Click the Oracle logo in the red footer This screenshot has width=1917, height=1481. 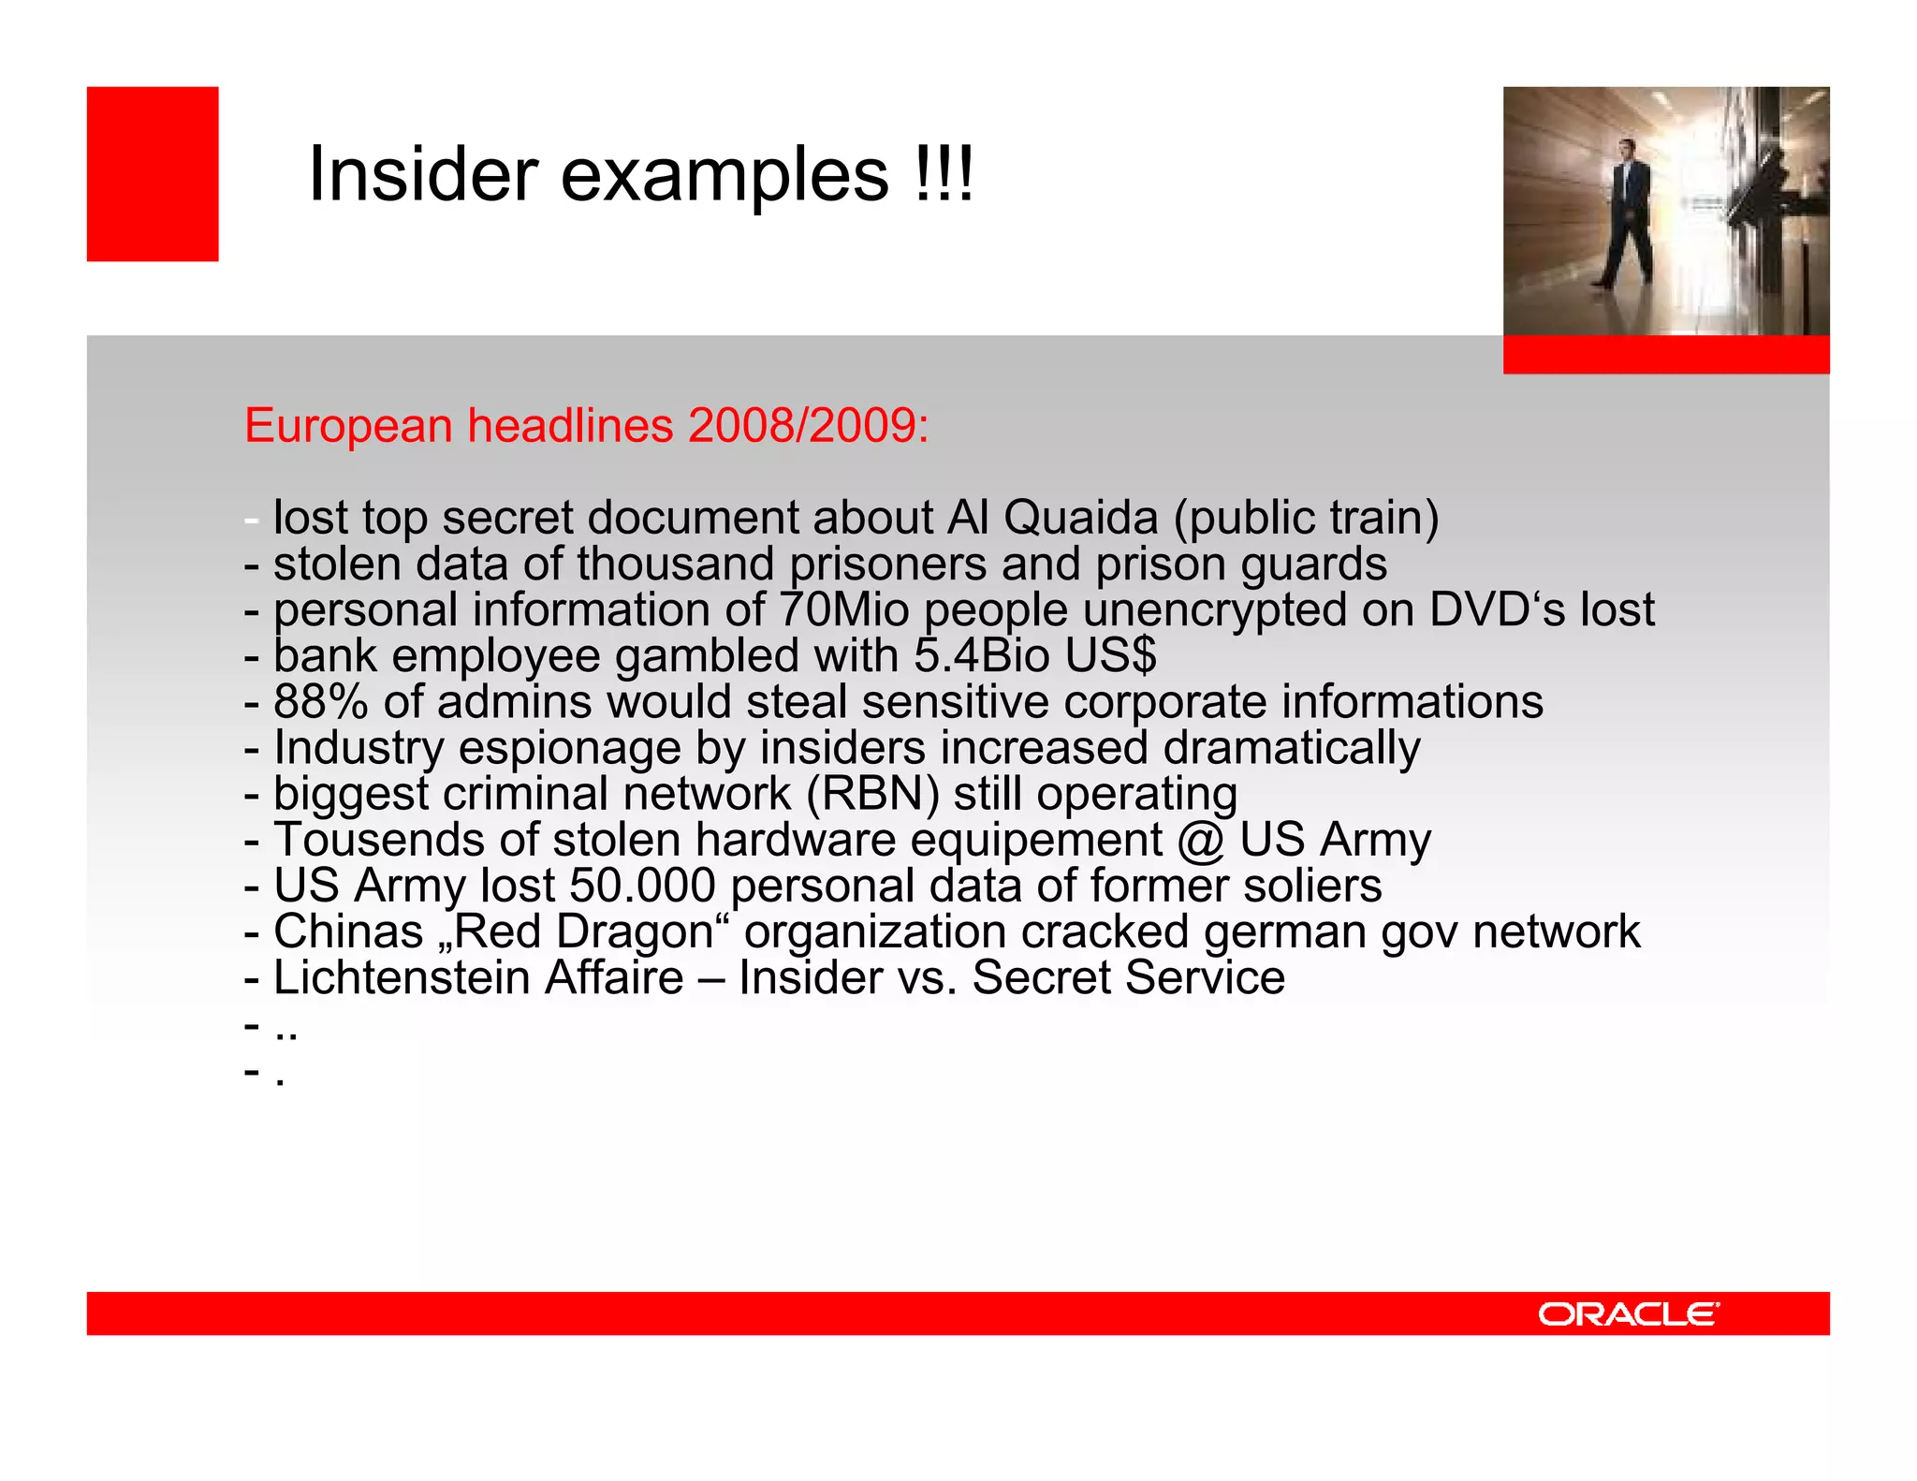click(1628, 1314)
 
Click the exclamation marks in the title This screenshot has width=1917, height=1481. click(944, 175)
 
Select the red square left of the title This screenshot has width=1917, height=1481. click(153, 174)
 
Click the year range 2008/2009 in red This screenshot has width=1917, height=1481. click(807, 426)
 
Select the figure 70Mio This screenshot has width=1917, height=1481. click(843, 609)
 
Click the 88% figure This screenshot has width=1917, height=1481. click(320, 701)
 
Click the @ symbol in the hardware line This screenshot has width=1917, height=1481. click(1201, 840)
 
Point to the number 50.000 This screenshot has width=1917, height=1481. click(642, 886)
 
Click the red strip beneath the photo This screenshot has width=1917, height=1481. click(1665, 355)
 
